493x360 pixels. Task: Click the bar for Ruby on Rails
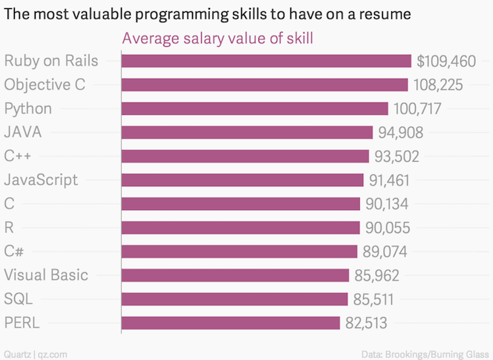266,61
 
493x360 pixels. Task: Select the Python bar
254,108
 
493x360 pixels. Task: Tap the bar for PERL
230,323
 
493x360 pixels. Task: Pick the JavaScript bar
242,180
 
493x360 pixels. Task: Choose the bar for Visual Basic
235,275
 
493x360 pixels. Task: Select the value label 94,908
402,132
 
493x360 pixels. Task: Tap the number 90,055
389,227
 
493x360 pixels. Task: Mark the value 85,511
377,299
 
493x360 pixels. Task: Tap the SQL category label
19,299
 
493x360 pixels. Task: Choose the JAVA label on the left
22,132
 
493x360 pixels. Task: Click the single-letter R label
8,227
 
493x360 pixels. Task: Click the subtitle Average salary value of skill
217,39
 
